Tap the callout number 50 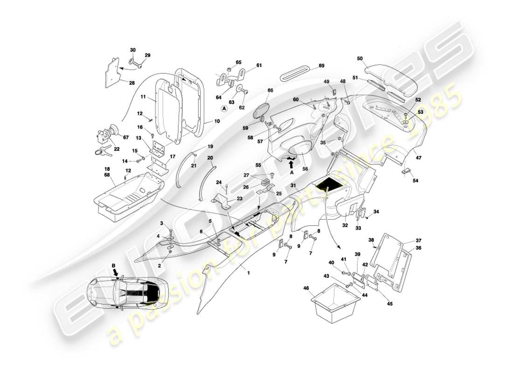point(360,58)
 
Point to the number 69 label point(321,66)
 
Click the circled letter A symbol point(224,108)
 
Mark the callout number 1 point(249,273)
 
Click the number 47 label point(418,158)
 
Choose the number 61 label point(259,65)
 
